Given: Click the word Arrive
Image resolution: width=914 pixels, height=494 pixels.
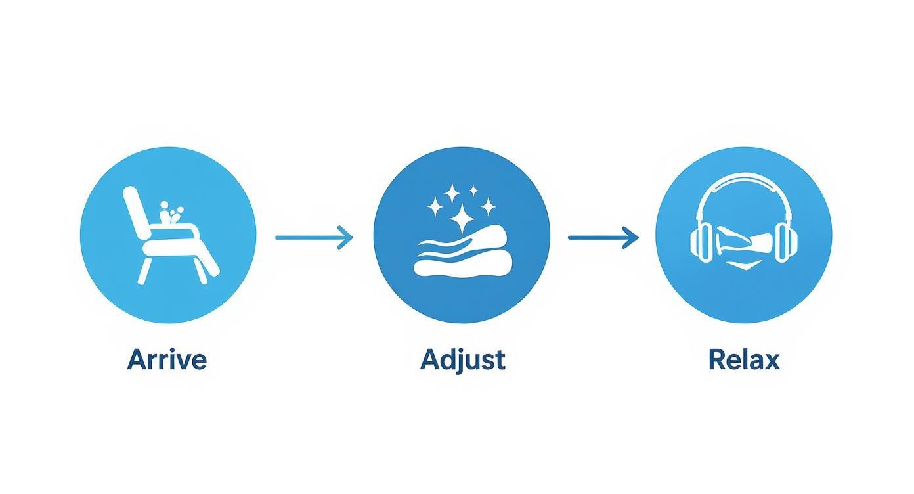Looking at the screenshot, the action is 167,359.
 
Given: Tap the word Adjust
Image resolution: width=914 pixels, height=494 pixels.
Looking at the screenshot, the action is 463,360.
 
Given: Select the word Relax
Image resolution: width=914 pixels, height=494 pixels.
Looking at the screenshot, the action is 744,359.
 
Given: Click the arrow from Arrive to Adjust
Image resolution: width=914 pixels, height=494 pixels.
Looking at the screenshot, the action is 314,237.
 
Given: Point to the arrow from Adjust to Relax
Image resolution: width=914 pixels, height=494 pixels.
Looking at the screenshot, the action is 603,237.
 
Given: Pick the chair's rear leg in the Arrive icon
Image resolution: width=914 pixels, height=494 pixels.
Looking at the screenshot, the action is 143,269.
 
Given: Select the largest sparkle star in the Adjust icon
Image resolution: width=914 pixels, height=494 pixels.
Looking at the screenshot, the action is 462,218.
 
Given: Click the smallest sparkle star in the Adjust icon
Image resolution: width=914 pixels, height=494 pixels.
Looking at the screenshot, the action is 473,191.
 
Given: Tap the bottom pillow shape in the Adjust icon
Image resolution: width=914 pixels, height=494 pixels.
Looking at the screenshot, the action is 462,265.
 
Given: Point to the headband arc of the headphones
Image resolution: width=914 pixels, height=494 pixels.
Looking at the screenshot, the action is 744,175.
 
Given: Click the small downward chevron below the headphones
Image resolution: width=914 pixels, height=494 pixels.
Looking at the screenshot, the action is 745,266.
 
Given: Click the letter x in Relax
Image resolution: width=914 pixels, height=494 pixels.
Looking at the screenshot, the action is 772,362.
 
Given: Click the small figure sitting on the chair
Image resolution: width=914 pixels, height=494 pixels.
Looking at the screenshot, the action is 170,212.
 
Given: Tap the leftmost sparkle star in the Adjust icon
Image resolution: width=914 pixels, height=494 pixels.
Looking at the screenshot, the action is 435,206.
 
